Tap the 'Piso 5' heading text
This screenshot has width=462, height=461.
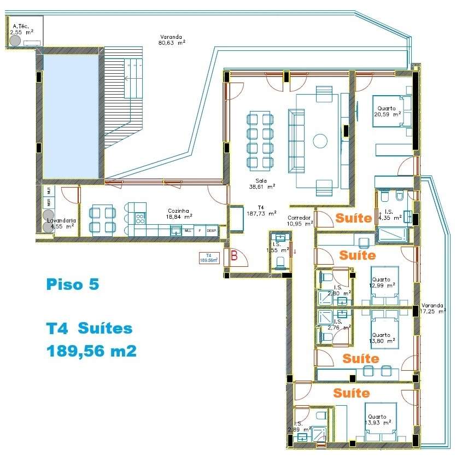(x=72, y=285)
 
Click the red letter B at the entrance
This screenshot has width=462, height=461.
(x=234, y=254)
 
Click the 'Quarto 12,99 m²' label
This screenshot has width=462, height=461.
(x=383, y=282)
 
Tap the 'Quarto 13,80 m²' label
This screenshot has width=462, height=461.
(x=383, y=337)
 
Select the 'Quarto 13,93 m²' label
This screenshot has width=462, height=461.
(x=378, y=419)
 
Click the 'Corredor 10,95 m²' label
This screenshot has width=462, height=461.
(x=300, y=220)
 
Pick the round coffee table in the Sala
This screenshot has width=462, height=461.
(x=320, y=141)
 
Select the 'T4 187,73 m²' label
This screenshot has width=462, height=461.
(x=261, y=211)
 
